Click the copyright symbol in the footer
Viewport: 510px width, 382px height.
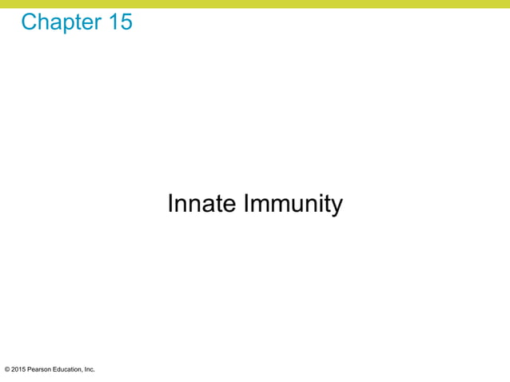click(x=7, y=369)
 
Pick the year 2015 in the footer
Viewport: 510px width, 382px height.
click(x=19, y=369)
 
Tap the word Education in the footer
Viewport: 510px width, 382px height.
click(x=69, y=369)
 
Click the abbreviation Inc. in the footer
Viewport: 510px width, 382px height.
click(x=90, y=369)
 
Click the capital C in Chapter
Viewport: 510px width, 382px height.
click(x=30, y=22)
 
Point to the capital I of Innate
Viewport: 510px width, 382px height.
click(x=171, y=205)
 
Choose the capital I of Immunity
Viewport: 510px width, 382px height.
click(x=244, y=205)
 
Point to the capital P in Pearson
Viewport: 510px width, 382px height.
click(x=31, y=369)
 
